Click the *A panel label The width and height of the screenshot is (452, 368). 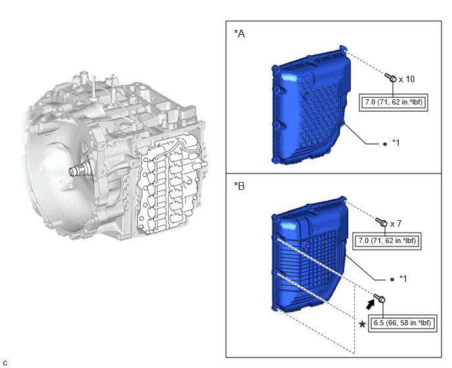[239, 34]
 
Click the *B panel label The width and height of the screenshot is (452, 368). [239, 186]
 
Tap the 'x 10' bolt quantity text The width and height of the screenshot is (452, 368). [407, 79]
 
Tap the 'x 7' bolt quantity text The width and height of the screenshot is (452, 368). [395, 224]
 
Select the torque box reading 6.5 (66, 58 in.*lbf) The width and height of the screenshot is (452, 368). [403, 323]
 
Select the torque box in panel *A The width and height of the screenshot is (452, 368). [393, 102]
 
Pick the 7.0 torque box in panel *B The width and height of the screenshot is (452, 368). [387, 241]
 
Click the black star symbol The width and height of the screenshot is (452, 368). [363, 324]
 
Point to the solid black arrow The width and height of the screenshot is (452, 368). [370, 304]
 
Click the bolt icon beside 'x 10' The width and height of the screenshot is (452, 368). [391, 78]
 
